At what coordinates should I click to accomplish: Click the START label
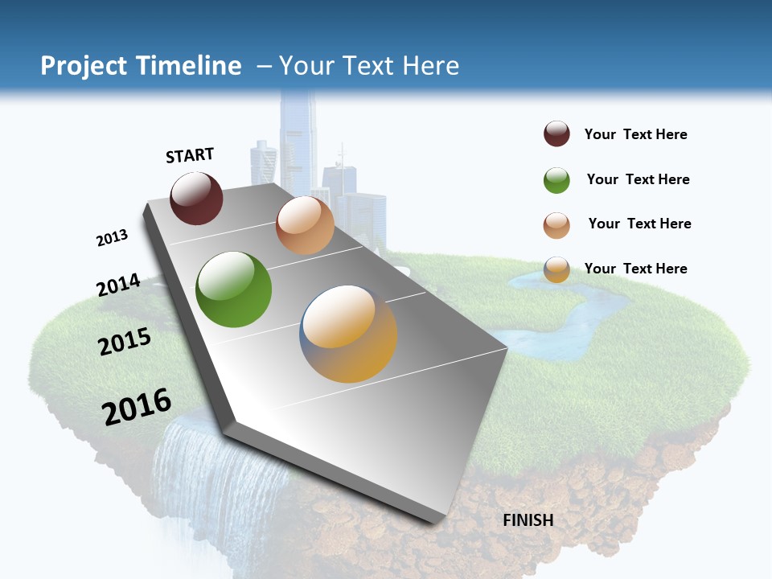pyautogui.click(x=190, y=155)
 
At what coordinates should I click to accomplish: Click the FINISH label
pyautogui.click(x=528, y=520)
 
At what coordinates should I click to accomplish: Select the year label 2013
pyautogui.click(x=112, y=238)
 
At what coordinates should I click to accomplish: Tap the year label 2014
pyautogui.click(x=118, y=285)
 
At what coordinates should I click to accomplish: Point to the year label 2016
pyautogui.click(x=137, y=406)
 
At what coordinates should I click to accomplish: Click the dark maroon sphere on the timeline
pyautogui.click(x=196, y=198)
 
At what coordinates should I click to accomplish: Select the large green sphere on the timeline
pyautogui.click(x=233, y=289)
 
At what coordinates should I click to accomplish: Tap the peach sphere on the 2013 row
pyautogui.click(x=305, y=225)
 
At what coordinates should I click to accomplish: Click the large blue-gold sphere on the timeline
pyautogui.click(x=349, y=333)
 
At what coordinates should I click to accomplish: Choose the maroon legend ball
pyautogui.click(x=556, y=134)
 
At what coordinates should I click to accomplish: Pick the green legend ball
pyautogui.click(x=556, y=180)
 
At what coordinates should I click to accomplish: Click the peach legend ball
pyautogui.click(x=556, y=225)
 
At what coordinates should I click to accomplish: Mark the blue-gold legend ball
pyautogui.click(x=556, y=269)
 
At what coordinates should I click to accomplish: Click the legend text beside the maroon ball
pyautogui.click(x=635, y=134)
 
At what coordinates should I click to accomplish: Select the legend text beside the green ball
pyautogui.click(x=638, y=179)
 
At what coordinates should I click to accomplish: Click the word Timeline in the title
pyautogui.click(x=190, y=66)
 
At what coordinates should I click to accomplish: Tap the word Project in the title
pyautogui.click(x=83, y=66)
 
